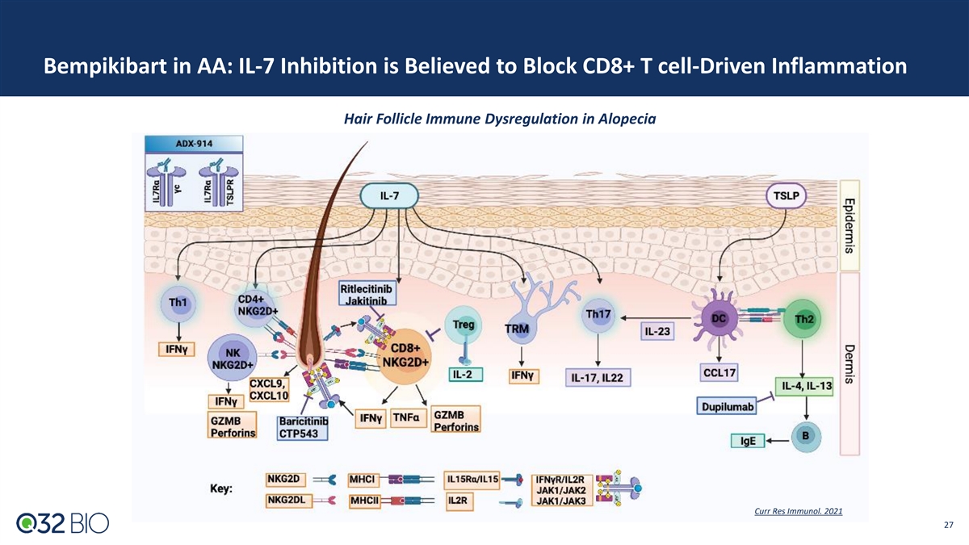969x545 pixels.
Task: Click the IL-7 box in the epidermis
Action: (x=388, y=195)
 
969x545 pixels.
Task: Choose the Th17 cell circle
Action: (x=598, y=314)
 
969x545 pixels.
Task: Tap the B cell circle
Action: (x=804, y=434)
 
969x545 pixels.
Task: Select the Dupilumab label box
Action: (x=728, y=407)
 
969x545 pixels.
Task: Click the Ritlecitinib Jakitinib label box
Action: (x=365, y=295)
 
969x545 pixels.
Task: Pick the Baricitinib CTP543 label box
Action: (x=303, y=427)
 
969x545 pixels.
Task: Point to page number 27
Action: (x=948, y=526)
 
